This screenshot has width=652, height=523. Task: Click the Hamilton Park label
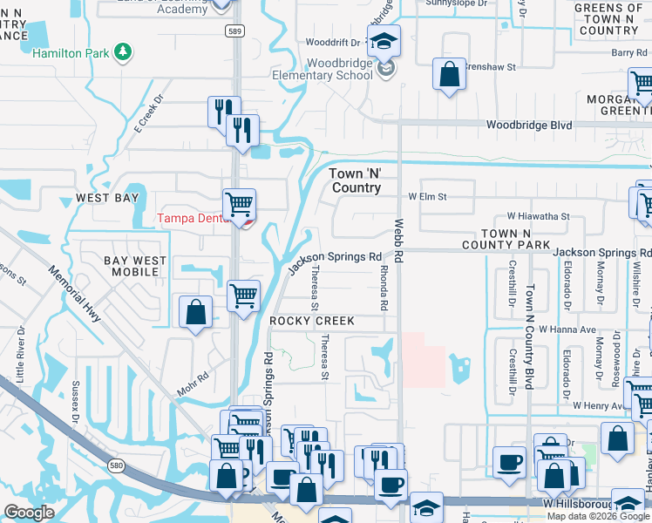coord(71,53)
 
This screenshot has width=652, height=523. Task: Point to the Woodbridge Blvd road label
coord(529,126)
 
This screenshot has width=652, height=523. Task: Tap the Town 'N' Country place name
coord(356,180)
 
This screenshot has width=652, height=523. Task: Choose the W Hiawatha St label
coord(538,216)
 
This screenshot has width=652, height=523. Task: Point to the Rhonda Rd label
coord(381,288)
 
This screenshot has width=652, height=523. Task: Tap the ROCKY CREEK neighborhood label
coord(312,321)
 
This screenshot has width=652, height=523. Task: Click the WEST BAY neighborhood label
coord(105,198)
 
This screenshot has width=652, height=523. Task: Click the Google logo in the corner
coord(29,512)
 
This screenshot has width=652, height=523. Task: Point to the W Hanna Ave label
coord(567,329)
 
